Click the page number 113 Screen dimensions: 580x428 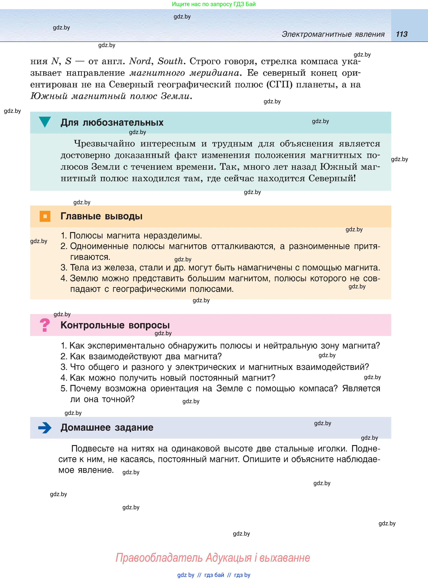click(402, 34)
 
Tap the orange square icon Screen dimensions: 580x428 click(45, 216)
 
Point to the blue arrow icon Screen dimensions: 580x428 click(45, 428)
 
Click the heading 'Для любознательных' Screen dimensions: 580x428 click(112, 123)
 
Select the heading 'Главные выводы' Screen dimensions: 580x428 click(101, 216)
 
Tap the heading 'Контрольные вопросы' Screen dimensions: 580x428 click(115, 325)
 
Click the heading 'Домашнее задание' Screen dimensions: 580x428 click(107, 428)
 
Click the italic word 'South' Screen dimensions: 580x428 click(170, 61)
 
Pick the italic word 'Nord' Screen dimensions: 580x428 click(140, 61)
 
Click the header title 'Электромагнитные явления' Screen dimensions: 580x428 click(333, 34)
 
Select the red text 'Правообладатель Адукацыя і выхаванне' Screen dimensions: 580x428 click(212, 558)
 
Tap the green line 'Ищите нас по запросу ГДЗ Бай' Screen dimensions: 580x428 click(214, 4)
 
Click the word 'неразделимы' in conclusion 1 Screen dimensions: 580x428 click(173, 236)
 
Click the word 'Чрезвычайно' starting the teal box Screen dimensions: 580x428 click(104, 144)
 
